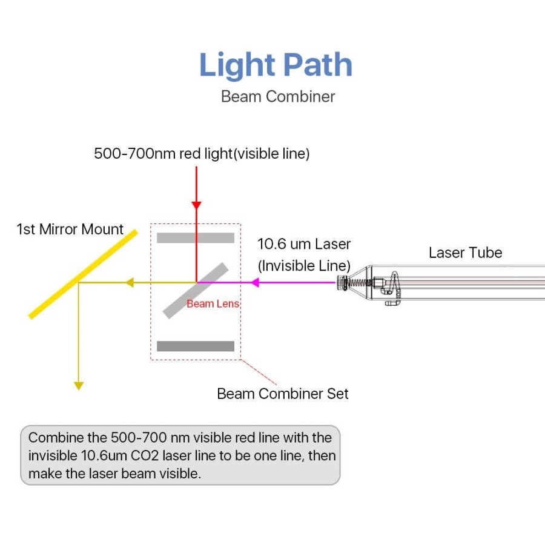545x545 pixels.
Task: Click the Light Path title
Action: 276,65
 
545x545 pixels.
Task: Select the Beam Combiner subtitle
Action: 277,96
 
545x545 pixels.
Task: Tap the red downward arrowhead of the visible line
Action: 196,203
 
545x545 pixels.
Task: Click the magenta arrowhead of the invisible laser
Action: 256,282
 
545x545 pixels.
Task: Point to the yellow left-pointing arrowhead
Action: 128,282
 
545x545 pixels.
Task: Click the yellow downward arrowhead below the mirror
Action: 78,385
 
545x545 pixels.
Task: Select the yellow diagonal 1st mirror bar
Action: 84,274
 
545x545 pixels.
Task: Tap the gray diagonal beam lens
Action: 196,290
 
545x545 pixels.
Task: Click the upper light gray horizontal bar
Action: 196,237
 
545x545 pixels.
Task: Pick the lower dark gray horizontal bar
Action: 196,346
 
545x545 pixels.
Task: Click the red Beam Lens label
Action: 213,304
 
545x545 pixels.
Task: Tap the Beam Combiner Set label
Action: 283,394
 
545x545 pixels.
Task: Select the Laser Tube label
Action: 465,253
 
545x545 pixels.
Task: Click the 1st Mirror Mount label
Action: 70,230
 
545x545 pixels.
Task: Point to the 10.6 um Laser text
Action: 304,244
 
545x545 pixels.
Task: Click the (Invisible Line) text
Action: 304,265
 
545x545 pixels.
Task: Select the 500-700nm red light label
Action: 202,154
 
